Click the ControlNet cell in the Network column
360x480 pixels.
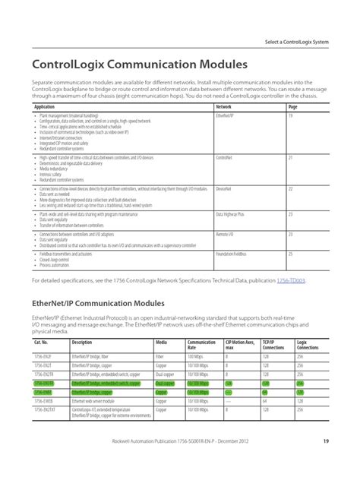(x=224, y=157)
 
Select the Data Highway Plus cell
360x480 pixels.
(x=229, y=214)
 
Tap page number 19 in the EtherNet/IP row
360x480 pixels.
(x=291, y=116)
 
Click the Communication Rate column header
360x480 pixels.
(x=201, y=346)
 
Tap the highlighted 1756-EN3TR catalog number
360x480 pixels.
(x=44, y=384)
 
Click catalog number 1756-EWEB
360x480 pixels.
(x=43, y=402)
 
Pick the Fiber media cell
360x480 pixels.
(x=159, y=356)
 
